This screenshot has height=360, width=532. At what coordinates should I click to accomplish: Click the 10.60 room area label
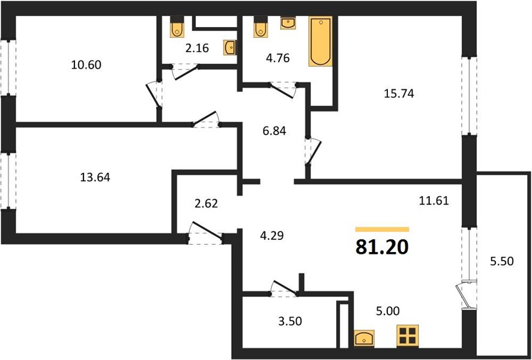pos(86,64)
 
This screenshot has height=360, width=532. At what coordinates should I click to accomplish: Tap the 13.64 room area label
pos(95,177)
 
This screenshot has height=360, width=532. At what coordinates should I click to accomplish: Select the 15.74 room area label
pos(399,94)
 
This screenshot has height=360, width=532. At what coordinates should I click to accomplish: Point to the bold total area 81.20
pos(382,247)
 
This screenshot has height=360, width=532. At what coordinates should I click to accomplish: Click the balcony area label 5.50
pos(502,261)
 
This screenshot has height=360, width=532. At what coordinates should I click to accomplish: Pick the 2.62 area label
pos(207,203)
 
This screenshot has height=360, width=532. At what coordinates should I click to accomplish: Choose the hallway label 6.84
pos(274,131)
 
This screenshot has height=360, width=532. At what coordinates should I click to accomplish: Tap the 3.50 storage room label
pos(290,320)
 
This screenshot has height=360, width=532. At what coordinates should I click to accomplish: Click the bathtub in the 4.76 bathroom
pos(321,41)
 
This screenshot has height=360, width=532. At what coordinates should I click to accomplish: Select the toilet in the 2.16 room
pos(177,27)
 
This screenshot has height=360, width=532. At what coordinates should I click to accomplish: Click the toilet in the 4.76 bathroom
pos(261,27)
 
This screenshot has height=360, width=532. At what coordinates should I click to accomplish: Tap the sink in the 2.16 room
pos(231,47)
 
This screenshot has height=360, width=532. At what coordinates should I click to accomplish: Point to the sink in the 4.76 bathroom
pos(288,22)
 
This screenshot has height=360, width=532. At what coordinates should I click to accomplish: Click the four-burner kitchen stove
pos(408,335)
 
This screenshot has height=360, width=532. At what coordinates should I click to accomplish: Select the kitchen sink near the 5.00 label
pos(364,338)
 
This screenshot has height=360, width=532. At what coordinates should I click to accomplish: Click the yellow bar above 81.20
pos(382,229)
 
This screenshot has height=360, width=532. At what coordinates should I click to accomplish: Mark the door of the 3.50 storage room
pos(284,288)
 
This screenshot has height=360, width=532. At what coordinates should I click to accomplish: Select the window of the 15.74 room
pos(469,96)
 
